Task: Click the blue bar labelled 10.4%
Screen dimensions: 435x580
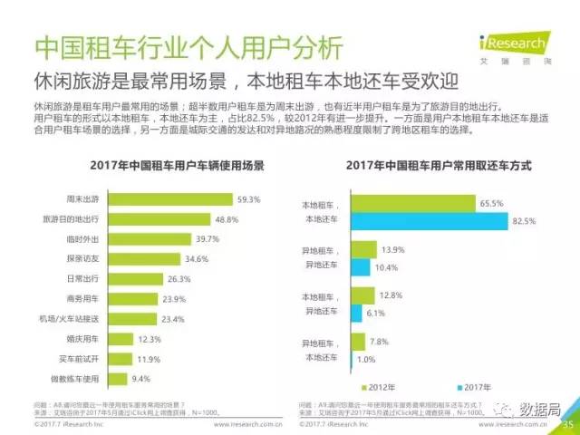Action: pos(361,267)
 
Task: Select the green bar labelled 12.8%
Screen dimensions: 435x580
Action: pos(363,295)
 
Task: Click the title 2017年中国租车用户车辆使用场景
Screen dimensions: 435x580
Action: pos(154,166)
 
